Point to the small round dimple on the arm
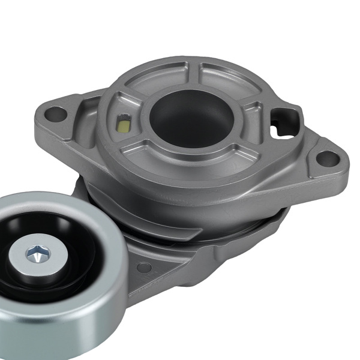coord(144,267)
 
